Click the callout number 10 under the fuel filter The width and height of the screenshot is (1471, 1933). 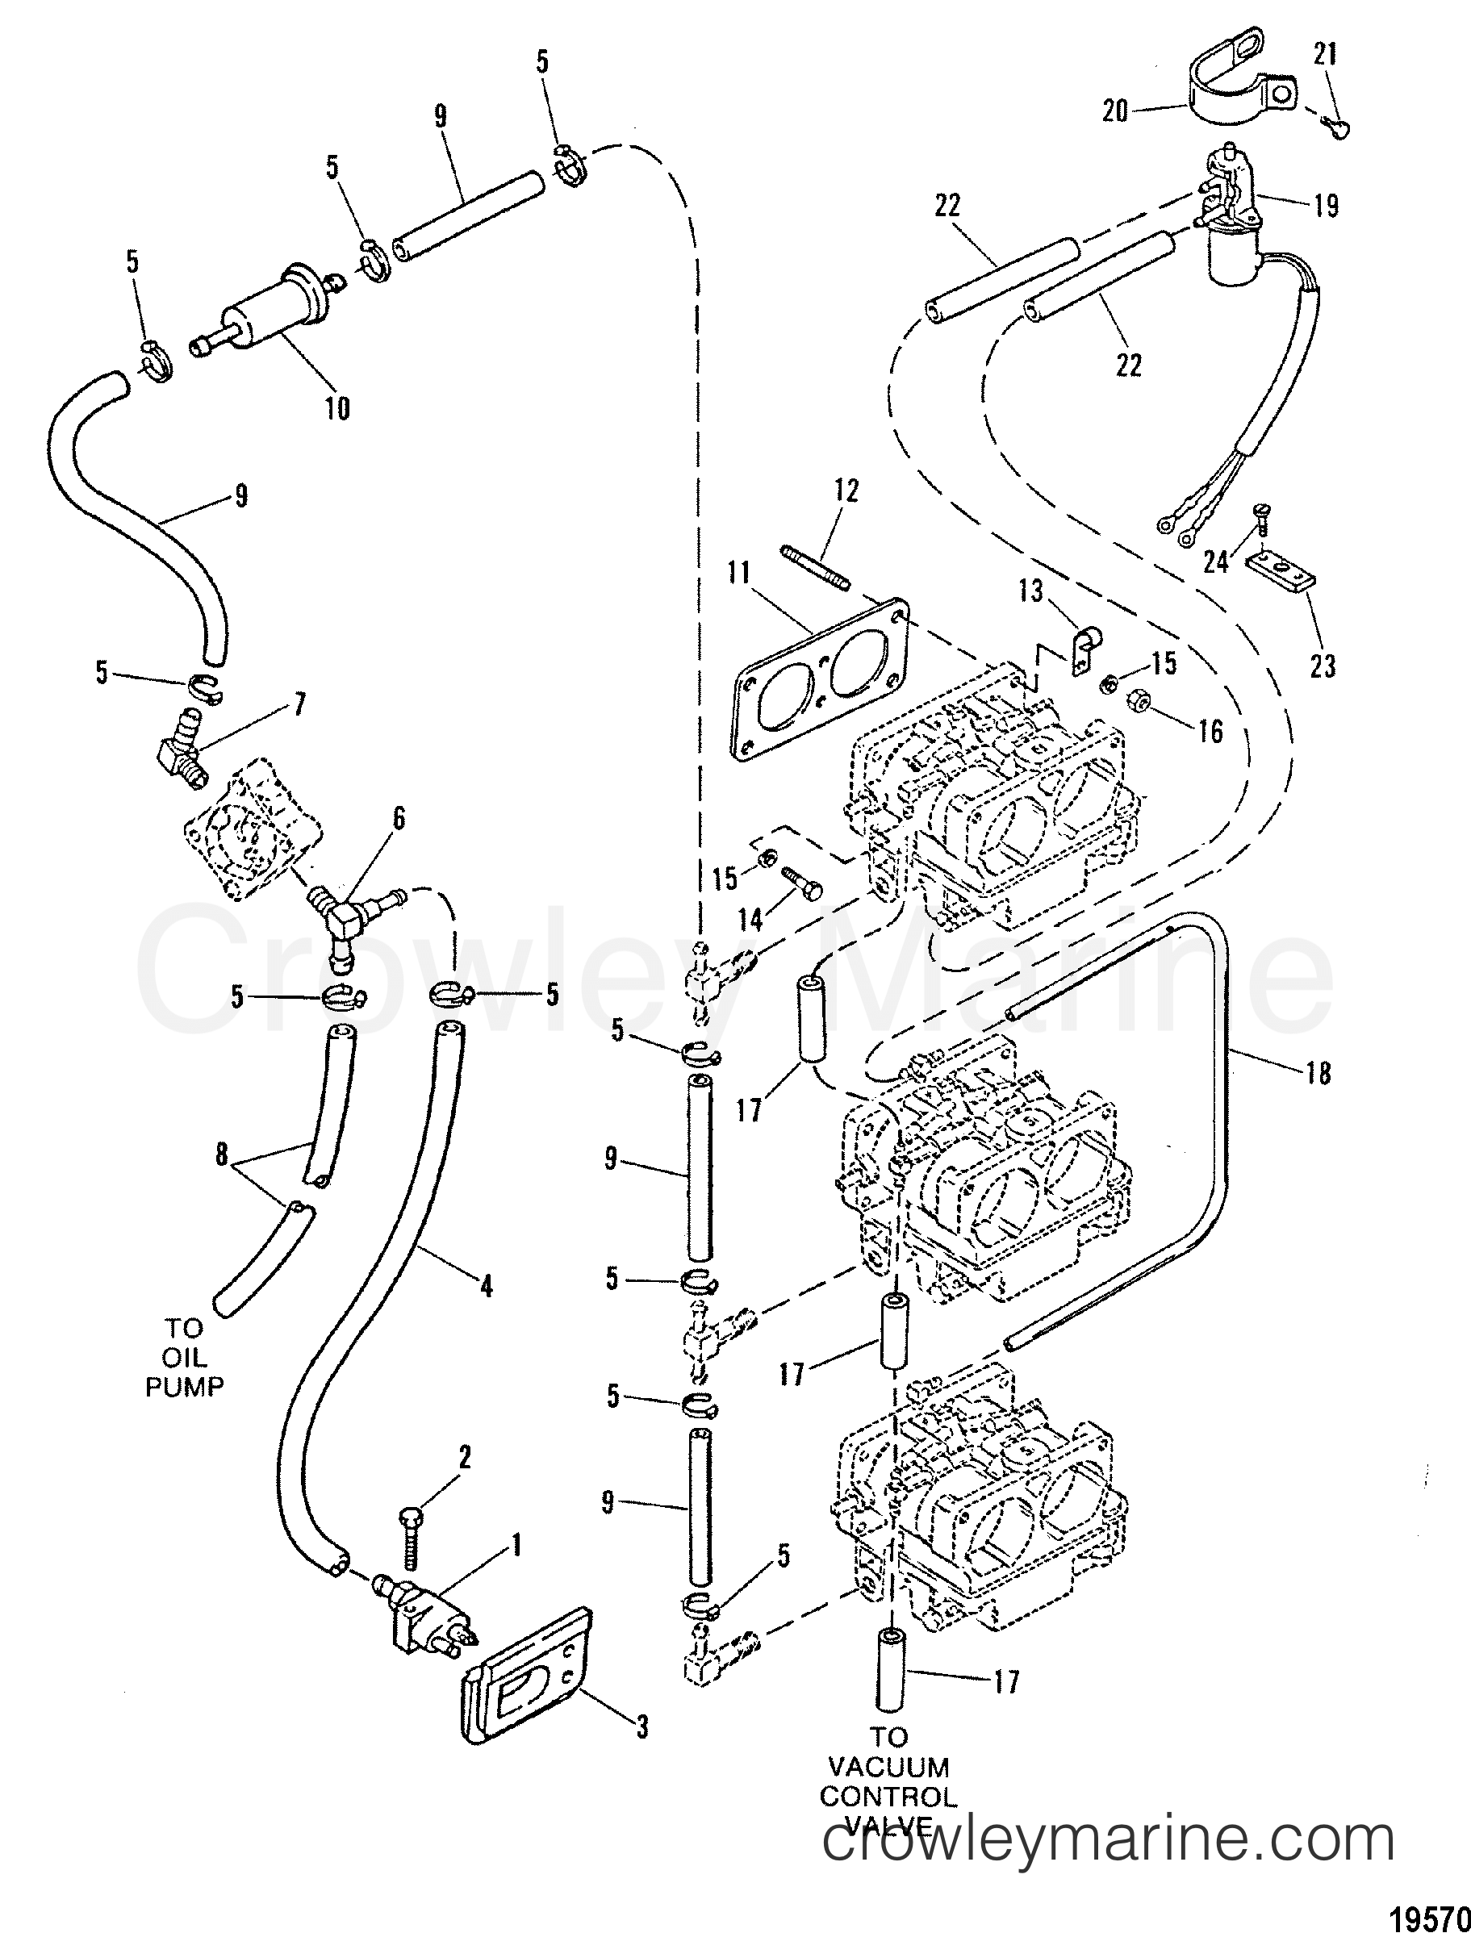point(338,407)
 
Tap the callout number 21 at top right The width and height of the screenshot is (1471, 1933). point(1325,55)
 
